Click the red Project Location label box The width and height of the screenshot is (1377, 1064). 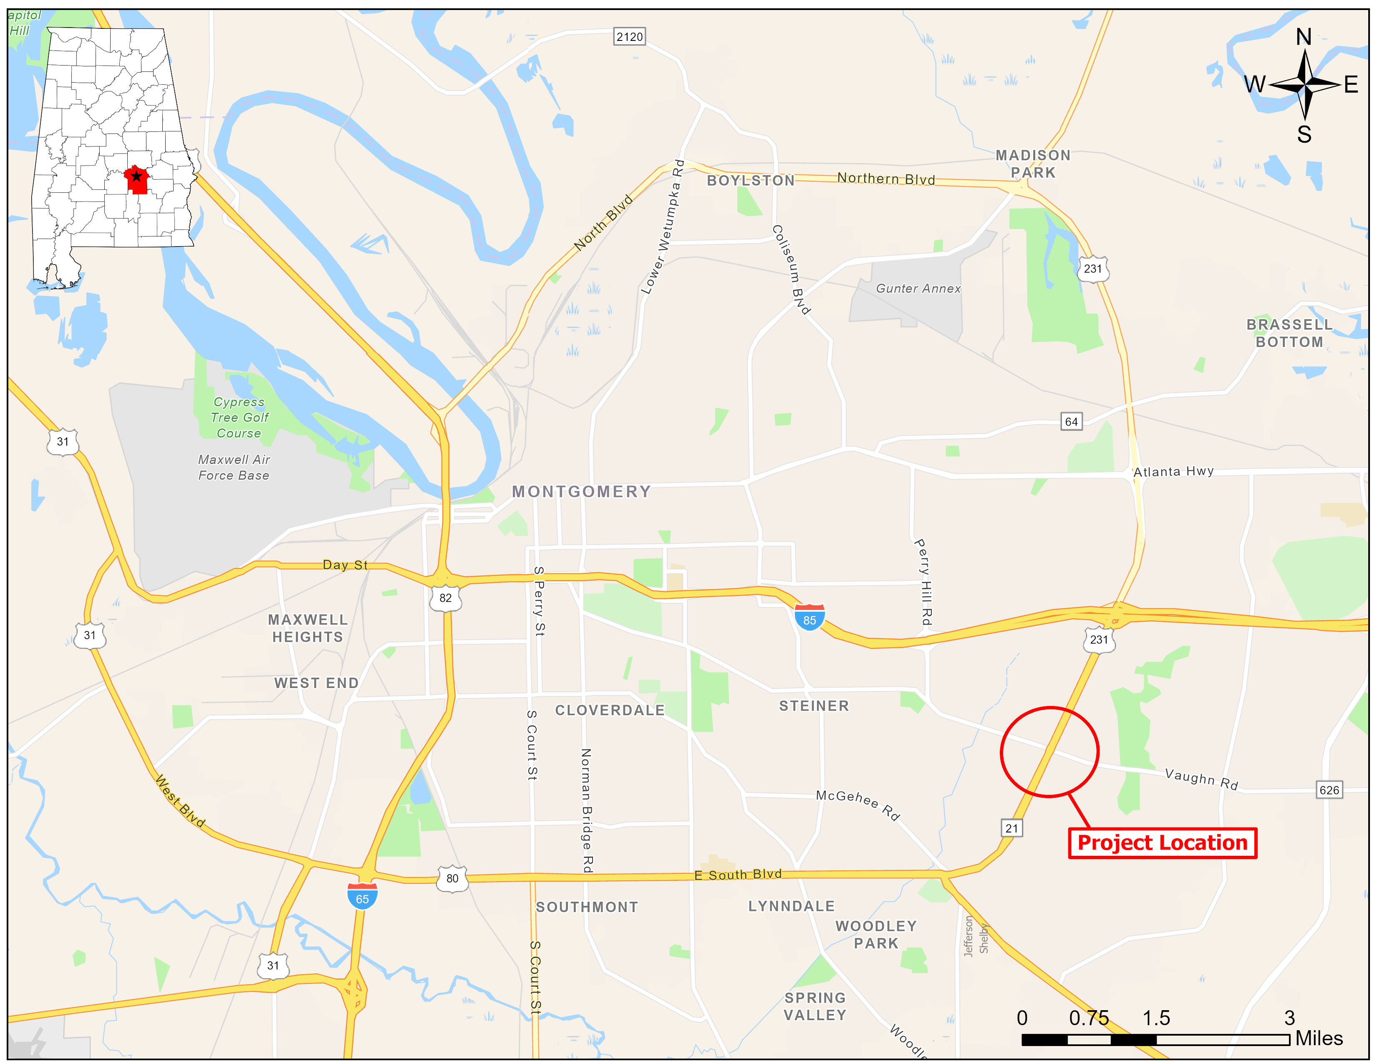(x=1162, y=843)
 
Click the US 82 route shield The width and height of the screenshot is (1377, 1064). (x=445, y=598)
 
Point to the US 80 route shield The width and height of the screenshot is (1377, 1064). (x=452, y=878)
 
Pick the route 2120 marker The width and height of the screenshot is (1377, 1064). (x=629, y=37)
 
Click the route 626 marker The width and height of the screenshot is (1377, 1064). (x=1329, y=790)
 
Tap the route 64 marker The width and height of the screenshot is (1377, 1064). (x=1071, y=421)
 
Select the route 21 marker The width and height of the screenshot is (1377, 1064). (x=1011, y=828)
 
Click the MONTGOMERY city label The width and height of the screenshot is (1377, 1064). (x=581, y=492)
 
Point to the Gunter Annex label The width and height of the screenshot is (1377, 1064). (x=918, y=289)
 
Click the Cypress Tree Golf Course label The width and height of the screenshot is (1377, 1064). (x=239, y=417)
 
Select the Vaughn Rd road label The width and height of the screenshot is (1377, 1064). (x=1201, y=779)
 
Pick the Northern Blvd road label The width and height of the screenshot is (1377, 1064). (x=886, y=179)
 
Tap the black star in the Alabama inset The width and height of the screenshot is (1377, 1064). (x=136, y=176)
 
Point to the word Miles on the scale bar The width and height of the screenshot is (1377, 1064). (x=1319, y=1038)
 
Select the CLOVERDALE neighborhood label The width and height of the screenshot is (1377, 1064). (x=610, y=711)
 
